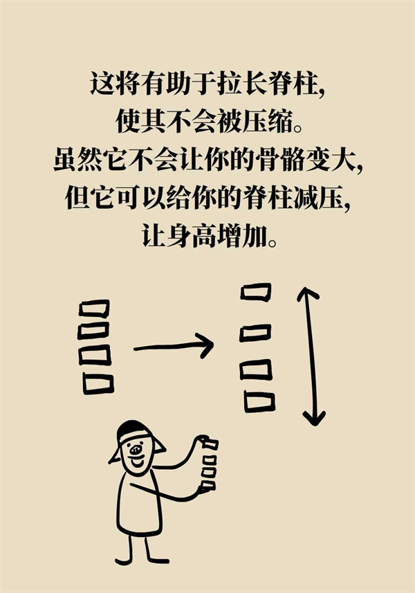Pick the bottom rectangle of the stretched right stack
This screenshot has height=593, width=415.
point(259,401)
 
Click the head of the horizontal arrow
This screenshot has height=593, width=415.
point(206,344)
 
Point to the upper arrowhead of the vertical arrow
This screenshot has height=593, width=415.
point(307,294)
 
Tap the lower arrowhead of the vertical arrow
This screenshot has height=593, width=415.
point(313,418)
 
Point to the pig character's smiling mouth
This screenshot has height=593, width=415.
point(136,462)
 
